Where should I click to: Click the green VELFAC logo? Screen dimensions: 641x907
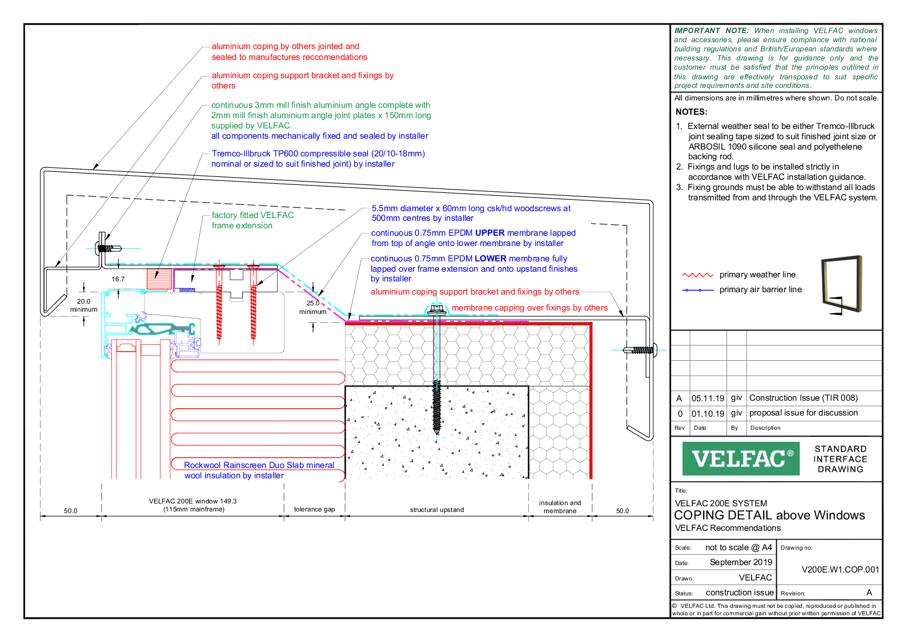(740, 458)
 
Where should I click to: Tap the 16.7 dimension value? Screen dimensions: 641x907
(118, 279)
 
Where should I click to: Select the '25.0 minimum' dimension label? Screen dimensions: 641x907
(312, 307)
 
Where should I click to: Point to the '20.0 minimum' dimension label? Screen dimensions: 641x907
(83, 305)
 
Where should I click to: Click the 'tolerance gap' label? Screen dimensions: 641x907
(314, 509)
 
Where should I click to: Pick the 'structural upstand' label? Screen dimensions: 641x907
(436, 510)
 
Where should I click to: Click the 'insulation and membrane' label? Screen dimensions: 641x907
(560, 507)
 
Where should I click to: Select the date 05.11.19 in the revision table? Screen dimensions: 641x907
(708, 398)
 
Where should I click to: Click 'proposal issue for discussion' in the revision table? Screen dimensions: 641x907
(803, 413)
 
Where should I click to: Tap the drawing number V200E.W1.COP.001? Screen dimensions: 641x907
(840, 570)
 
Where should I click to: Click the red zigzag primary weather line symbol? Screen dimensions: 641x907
(697, 275)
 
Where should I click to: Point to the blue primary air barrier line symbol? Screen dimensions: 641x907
(697, 290)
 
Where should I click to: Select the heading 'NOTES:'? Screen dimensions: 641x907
(691, 112)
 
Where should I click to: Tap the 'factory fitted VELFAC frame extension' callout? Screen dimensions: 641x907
(252, 220)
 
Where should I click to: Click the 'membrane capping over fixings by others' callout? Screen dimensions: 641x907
(529, 308)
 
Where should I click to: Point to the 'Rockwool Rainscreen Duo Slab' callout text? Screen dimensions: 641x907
(259, 465)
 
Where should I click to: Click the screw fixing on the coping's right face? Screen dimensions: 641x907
(640, 350)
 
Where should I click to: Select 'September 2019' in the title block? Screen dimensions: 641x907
(740, 562)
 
